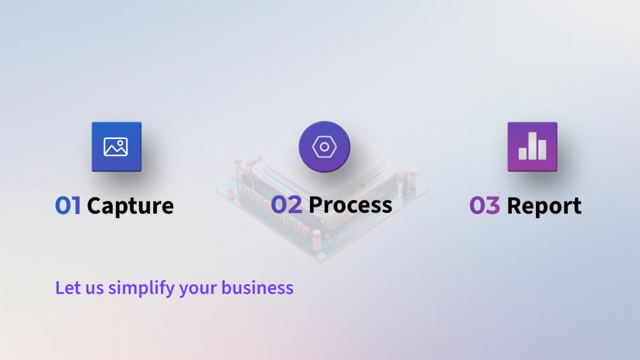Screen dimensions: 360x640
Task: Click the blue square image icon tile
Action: click(116, 147)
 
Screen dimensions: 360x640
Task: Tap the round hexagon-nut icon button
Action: click(325, 147)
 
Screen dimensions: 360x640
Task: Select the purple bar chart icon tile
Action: click(532, 147)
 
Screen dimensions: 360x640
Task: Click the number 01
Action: click(68, 206)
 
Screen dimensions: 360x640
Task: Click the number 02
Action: click(286, 205)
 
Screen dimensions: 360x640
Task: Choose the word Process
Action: click(350, 205)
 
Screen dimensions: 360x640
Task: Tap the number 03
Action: click(484, 206)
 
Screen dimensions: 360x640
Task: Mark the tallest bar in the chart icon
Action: click(532, 146)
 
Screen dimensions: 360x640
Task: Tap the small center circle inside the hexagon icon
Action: click(325, 147)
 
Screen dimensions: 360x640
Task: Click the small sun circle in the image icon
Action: click(121, 143)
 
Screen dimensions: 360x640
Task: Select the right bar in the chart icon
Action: click(542, 150)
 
